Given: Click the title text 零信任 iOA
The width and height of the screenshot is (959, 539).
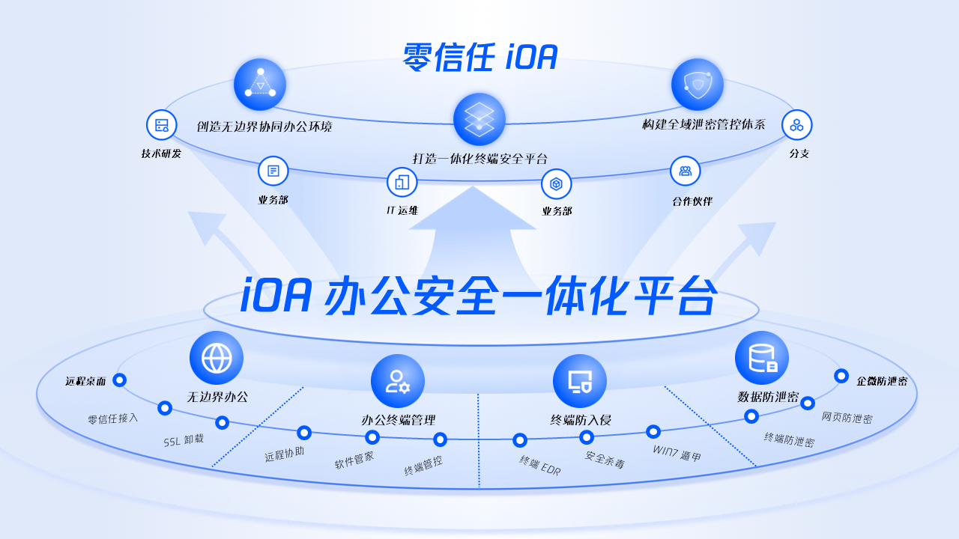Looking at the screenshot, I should [x=480, y=57].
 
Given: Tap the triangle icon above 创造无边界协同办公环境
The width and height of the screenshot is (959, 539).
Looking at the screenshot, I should [x=260, y=85].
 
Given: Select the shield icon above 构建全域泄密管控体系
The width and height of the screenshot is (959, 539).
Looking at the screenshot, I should [x=697, y=85].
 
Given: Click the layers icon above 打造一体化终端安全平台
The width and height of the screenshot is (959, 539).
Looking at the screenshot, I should [x=479, y=119].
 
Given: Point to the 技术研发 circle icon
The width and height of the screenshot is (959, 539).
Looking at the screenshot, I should [x=162, y=125].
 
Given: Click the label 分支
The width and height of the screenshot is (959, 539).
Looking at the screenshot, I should [x=799, y=154].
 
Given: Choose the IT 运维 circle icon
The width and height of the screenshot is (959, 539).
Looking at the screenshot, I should [x=402, y=183].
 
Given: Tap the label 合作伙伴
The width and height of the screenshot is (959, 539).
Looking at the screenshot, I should [x=692, y=201].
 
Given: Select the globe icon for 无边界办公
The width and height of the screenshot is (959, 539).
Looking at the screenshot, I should [x=217, y=358].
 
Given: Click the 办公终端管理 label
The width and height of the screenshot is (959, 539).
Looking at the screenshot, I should [x=399, y=420].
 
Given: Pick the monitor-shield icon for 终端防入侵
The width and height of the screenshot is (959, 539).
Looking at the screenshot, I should [x=580, y=381].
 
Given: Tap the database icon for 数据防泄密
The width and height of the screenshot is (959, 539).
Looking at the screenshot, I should [x=762, y=358].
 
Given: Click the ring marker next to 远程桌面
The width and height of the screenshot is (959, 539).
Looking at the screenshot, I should [x=119, y=380].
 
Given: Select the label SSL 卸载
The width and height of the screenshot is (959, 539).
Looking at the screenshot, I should [x=184, y=440].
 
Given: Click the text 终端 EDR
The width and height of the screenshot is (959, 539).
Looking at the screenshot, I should [x=540, y=466].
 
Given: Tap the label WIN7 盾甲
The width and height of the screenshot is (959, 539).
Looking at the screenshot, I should [x=677, y=453].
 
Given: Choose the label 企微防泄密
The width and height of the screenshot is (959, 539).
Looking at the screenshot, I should [x=882, y=381].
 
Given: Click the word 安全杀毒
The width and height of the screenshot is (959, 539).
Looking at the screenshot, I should [x=605, y=460].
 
